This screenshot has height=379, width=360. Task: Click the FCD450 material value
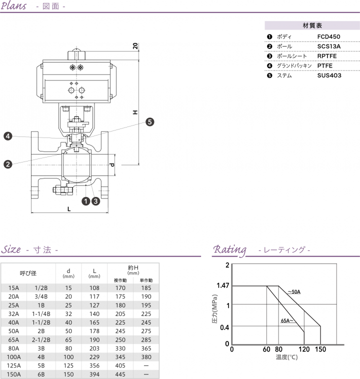[x=328, y=36]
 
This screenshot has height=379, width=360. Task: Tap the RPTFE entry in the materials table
[x=327, y=56]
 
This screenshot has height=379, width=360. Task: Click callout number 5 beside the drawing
[x=150, y=121]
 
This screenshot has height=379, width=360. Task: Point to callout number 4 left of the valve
[x=7, y=136]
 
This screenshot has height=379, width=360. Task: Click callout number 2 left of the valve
[x=7, y=164]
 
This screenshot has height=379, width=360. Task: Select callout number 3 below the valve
[x=95, y=201]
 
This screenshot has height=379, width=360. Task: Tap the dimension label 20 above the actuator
[x=135, y=46]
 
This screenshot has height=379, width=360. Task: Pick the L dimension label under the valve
[x=69, y=209]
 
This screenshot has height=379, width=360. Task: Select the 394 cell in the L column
[x=94, y=373]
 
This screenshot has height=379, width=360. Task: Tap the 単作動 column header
[x=146, y=280]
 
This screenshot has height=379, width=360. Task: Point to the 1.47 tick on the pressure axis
[x=222, y=286]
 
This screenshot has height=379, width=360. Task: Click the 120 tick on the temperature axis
[x=304, y=349]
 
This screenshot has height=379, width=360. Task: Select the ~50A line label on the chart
[x=293, y=291]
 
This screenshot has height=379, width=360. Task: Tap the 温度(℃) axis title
[x=286, y=357]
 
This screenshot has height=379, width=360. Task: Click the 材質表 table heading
[x=312, y=25]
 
